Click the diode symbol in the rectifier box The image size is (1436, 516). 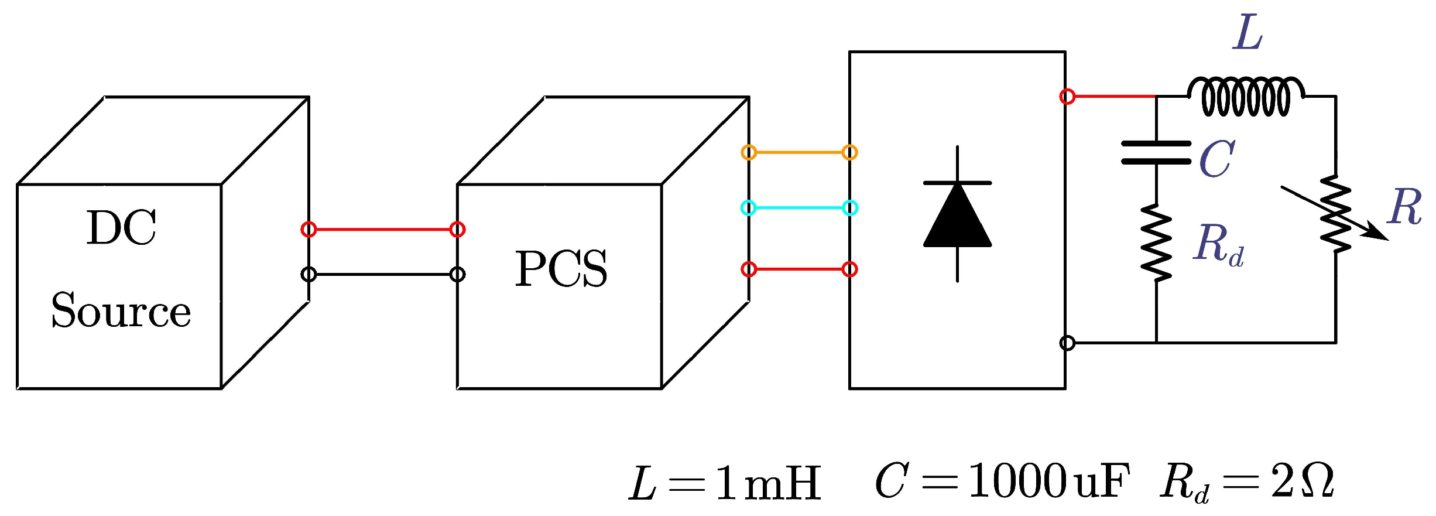[x=957, y=214]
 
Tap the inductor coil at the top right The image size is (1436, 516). [x=1245, y=97]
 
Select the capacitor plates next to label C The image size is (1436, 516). [x=1156, y=152]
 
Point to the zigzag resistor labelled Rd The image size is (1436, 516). [x=1156, y=242]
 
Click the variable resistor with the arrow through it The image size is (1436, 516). [x=1335, y=214]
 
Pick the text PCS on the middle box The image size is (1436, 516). [x=561, y=269]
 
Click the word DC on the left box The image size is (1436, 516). [x=121, y=228]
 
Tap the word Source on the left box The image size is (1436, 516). [x=121, y=310]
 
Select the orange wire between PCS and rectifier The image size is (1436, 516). [x=799, y=153]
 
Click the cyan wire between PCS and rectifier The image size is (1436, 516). [x=799, y=208]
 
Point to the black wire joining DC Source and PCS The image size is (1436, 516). [x=383, y=274]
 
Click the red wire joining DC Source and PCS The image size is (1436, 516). [x=383, y=230]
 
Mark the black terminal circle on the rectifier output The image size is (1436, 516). [x=1067, y=343]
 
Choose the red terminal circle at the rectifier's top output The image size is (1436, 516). [x=1067, y=96]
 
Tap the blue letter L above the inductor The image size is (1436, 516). [x=1247, y=33]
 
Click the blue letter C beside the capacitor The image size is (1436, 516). [x=1216, y=159]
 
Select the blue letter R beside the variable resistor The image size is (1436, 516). [x=1404, y=207]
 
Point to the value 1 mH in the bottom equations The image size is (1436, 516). [x=767, y=484]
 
